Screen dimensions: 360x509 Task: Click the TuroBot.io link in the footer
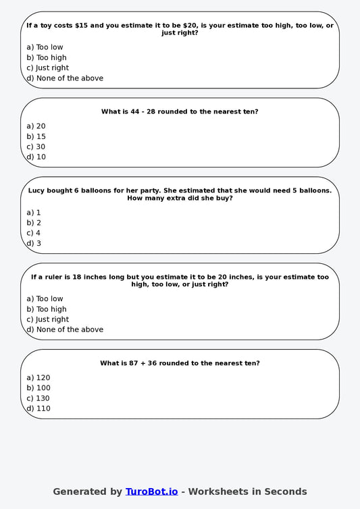click(x=151, y=491)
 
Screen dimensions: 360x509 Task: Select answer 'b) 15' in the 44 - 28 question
click(x=36, y=136)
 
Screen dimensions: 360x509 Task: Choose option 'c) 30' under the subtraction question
click(x=36, y=146)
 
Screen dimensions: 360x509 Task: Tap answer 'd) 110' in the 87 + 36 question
click(x=38, y=408)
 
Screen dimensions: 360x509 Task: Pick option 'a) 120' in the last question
click(x=38, y=377)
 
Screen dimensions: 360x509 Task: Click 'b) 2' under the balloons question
click(x=34, y=223)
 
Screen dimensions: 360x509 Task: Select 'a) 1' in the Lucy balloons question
click(x=34, y=212)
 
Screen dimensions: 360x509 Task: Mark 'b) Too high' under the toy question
click(x=47, y=57)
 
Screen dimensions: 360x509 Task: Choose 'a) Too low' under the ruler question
click(x=45, y=298)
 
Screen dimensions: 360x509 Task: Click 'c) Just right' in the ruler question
click(x=47, y=319)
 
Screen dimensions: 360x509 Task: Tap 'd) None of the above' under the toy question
click(x=65, y=78)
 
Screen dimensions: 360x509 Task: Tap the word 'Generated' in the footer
click(x=78, y=491)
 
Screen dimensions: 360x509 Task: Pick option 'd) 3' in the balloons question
click(x=34, y=243)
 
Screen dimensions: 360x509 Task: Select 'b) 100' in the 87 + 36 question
click(x=38, y=387)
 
